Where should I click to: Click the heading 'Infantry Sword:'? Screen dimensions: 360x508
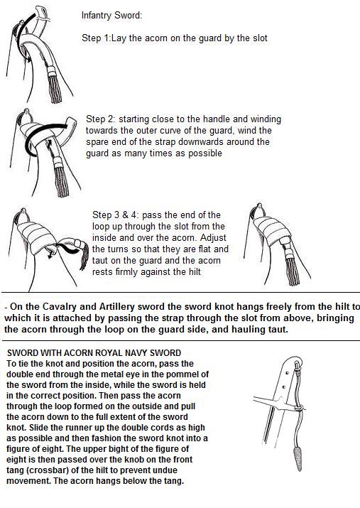click(x=111, y=16)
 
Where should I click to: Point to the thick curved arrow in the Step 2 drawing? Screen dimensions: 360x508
click(x=36, y=134)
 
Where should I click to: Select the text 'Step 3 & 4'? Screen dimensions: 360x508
click(x=116, y=215)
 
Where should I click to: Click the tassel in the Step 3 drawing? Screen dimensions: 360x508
click(x=84, y=255)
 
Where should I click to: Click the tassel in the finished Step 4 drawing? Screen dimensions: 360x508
click(x=290, y=266)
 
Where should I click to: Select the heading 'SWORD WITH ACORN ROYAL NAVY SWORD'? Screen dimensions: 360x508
click(x=94, y=353)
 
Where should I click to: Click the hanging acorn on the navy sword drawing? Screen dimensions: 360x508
click(x=298, y=458)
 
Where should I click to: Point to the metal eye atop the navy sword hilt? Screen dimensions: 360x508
click(x=297, y=365)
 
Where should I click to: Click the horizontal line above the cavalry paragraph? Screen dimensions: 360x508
click(x=180, y=292)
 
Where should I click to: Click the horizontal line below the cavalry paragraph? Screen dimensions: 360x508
click(x=180, y=340)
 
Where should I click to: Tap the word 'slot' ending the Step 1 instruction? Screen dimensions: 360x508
click(x=260, y=38)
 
